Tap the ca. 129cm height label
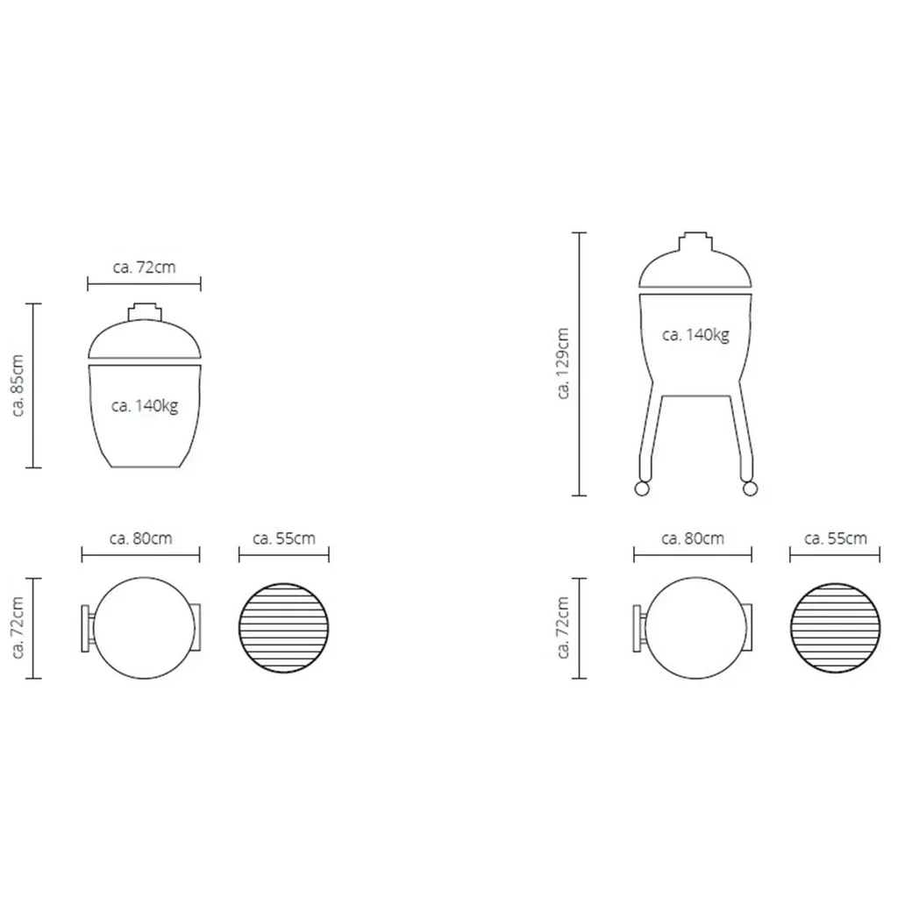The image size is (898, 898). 563,363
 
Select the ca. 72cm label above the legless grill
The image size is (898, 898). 144,267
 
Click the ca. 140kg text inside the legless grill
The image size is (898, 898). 145,406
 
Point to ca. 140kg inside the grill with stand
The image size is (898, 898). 695,334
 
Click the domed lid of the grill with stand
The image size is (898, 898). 695,267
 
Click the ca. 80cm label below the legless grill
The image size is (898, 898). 141,538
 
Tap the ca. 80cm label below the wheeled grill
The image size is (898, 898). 693,538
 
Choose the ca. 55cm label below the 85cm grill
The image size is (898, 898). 283,538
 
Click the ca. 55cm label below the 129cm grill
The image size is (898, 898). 835,538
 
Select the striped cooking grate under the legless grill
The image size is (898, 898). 284,628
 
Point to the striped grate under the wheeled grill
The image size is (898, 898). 835,628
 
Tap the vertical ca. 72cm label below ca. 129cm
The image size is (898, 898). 563,628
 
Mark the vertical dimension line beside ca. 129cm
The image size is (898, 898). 579,363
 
